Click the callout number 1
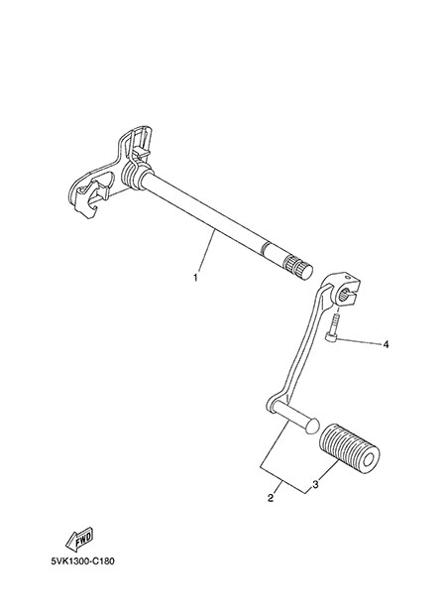(x=195, y=278)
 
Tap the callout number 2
(x=271, y=498)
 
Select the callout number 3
(x=315, y=485)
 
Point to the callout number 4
(x=386, y=344)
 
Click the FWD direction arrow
(x=79, y=539)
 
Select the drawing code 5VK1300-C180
(x=83, y=561)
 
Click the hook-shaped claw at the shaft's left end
(x=87, y=196)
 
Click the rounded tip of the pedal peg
(x=313, y=426)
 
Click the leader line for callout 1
(x=206, y=251)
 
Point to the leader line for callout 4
(x=359, y=341)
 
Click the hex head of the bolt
(x=330, y=338)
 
